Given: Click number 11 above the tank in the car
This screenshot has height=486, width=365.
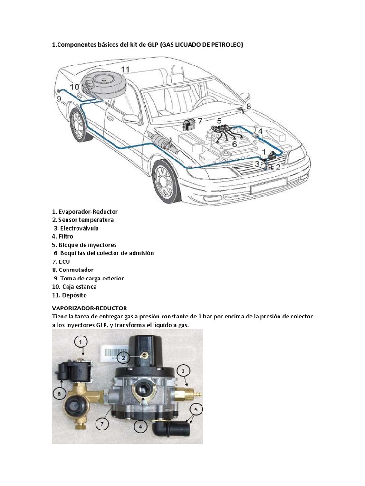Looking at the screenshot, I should click(125, 69).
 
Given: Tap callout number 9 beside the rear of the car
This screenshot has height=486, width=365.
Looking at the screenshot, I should click(59, 99).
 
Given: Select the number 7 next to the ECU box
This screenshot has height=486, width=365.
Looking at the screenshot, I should click(200, 121).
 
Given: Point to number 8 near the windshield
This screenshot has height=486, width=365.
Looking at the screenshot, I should click(248, 107).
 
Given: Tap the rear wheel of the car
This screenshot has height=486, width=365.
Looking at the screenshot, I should click(78, 123).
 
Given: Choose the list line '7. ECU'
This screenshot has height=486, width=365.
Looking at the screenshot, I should click(61, 262).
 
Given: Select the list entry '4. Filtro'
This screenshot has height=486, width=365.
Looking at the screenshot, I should click(62, 236).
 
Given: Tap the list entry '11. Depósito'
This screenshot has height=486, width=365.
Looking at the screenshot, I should click(69, 295).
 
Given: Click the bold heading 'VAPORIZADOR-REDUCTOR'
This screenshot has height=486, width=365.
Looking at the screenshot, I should click(89, 308).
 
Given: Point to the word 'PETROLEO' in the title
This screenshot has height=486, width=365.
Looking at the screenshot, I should click(226, 45).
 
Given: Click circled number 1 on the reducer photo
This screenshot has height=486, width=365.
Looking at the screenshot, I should click(81, 342).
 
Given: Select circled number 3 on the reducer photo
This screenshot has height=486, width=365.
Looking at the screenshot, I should click(184, 370).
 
